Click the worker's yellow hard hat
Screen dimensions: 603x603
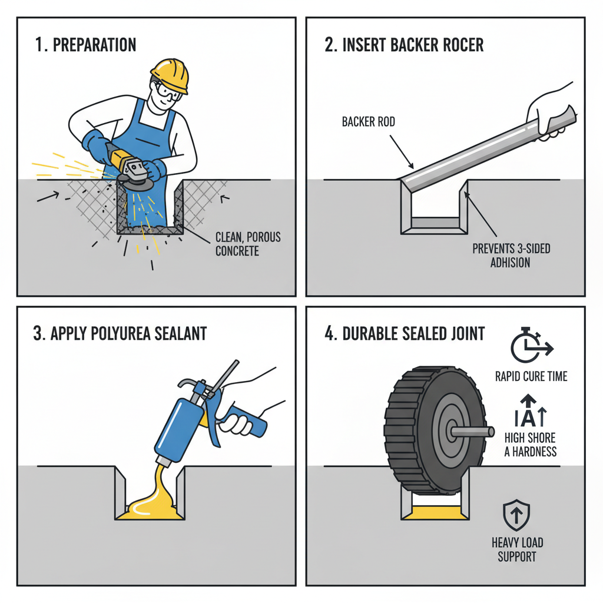(170, 74)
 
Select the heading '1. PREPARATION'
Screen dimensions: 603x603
(86, 45)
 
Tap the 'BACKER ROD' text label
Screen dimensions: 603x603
(369, 122)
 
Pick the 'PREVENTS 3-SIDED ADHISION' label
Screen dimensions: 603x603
(511, 255)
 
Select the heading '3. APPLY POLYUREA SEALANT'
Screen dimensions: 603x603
(120, 333)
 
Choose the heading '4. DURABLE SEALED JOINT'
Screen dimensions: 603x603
(405, 333)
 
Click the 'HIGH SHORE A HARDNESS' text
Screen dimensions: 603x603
(530, 445)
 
